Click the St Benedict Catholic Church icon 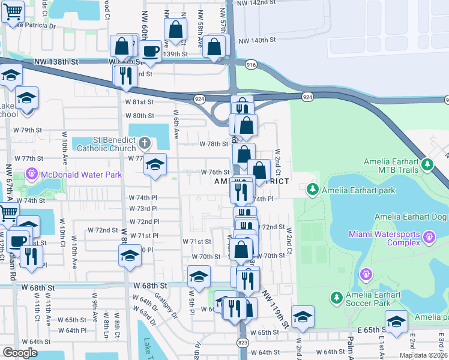tap(144, 143)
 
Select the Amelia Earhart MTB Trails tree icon tap(427, 163)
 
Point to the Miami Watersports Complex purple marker tap(429, 238)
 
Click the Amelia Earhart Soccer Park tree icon tap(337, 297)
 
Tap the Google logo tap(20, 353)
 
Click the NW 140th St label tap(256, 40)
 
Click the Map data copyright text tap(423, 355)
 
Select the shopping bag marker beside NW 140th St tap(214, 47)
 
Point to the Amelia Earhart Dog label tap(411, 217)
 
